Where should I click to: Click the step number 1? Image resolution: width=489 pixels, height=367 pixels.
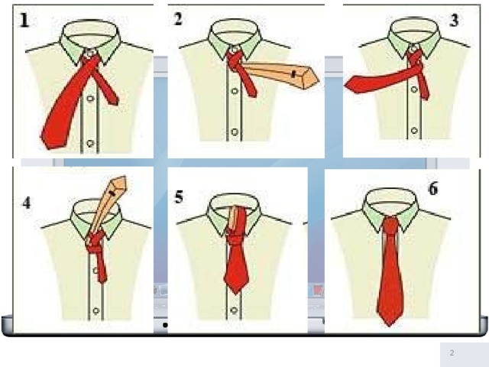(x=24, y=21)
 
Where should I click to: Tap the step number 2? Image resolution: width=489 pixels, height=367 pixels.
(x=178, y=18)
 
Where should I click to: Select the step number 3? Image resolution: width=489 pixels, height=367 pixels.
(x=454, y=21)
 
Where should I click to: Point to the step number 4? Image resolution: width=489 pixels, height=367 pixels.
(x=27, y=203)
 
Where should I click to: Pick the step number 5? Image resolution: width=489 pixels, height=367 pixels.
(x=179, y=197)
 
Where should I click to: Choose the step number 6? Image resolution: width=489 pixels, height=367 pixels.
(x=433, y=189)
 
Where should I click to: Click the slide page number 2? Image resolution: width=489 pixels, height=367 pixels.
(x=452, y=353)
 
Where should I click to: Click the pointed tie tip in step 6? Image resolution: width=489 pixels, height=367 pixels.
(x=389, y=324)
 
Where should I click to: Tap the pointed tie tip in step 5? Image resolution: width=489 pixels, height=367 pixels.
(x=236, y=293)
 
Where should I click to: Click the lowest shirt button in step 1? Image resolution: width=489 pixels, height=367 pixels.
(x=90, y=144)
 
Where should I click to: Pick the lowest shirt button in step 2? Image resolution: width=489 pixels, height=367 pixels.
(x=235, y=132)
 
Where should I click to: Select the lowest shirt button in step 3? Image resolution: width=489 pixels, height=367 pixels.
(x=414, y=130)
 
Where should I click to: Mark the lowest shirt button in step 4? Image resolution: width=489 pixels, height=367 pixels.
(x=96, y=310)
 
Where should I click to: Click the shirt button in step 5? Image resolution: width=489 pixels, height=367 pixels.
(x=234, y=310)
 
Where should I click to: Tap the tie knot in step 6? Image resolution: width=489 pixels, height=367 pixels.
(x=390, y=224)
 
